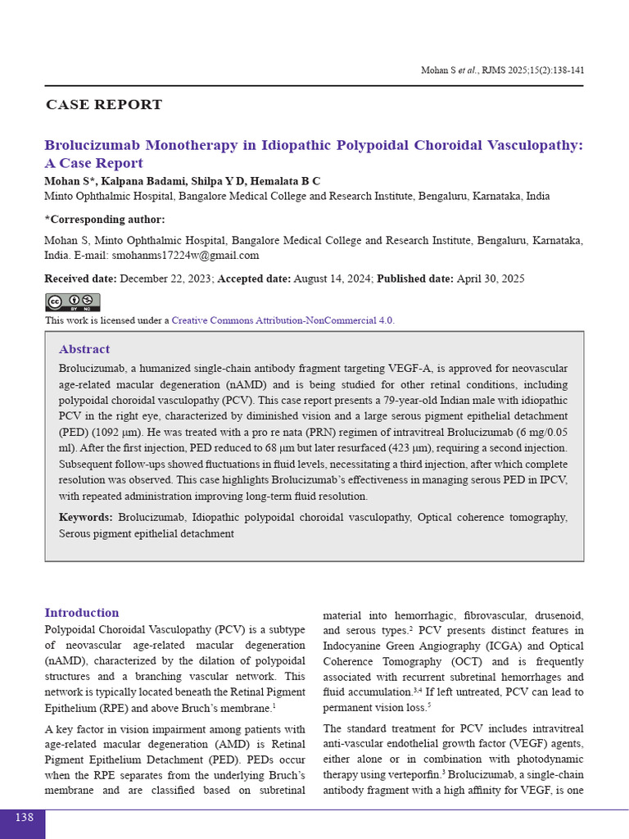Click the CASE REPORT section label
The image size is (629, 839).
pos(104,105)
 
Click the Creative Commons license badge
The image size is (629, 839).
pos(72,302)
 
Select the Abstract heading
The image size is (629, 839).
pos(84,349)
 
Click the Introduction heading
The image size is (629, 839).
pos(82,613)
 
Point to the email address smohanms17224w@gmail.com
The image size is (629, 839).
pos(185,256)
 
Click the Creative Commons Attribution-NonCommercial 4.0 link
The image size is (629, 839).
pos(283,320)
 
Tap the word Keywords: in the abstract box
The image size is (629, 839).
pos(86,518)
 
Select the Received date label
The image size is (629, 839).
pos(80,279)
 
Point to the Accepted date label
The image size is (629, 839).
pos(254,279)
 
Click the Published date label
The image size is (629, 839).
pos(414,279)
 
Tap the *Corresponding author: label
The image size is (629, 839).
pos(104,220)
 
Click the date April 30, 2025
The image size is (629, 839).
pos(491,279)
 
